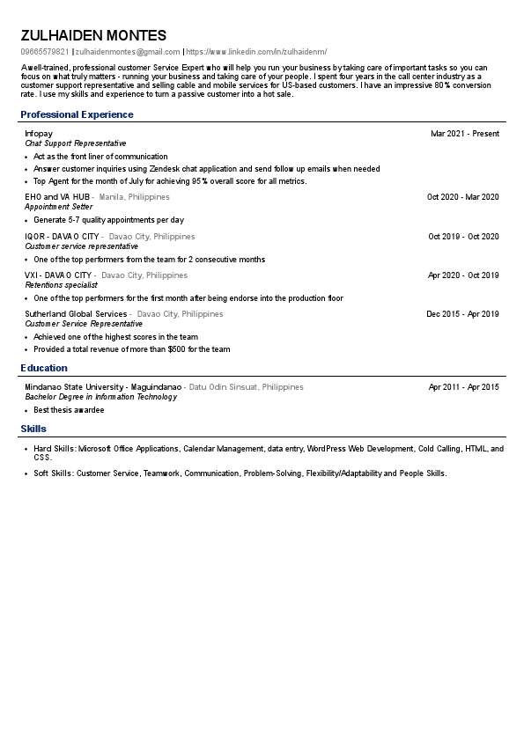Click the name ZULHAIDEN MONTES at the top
(x=93, y=36)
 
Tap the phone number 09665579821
(x=44, y=53)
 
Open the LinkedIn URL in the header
(x=256, y=53)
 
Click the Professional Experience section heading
(x=77, y=114)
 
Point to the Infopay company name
(x=39, y=134)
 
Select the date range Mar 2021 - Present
(x=464, y=134)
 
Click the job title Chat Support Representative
(x=76, y=143)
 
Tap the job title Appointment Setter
(x=58, y=207)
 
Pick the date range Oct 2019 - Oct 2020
(x=463, y=237)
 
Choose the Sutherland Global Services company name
(x=76, y=314)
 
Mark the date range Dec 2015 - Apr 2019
(x=462, y=314)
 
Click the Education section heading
(x=44, y=368)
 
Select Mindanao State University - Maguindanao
(x=103, y=387)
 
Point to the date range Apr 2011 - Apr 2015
(x=463, y=387)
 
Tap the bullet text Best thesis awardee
(x=69, y=410)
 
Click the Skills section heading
(x=33, y=429)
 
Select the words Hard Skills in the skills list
(x=54, y=449)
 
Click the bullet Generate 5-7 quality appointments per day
(x=108, y=220)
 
